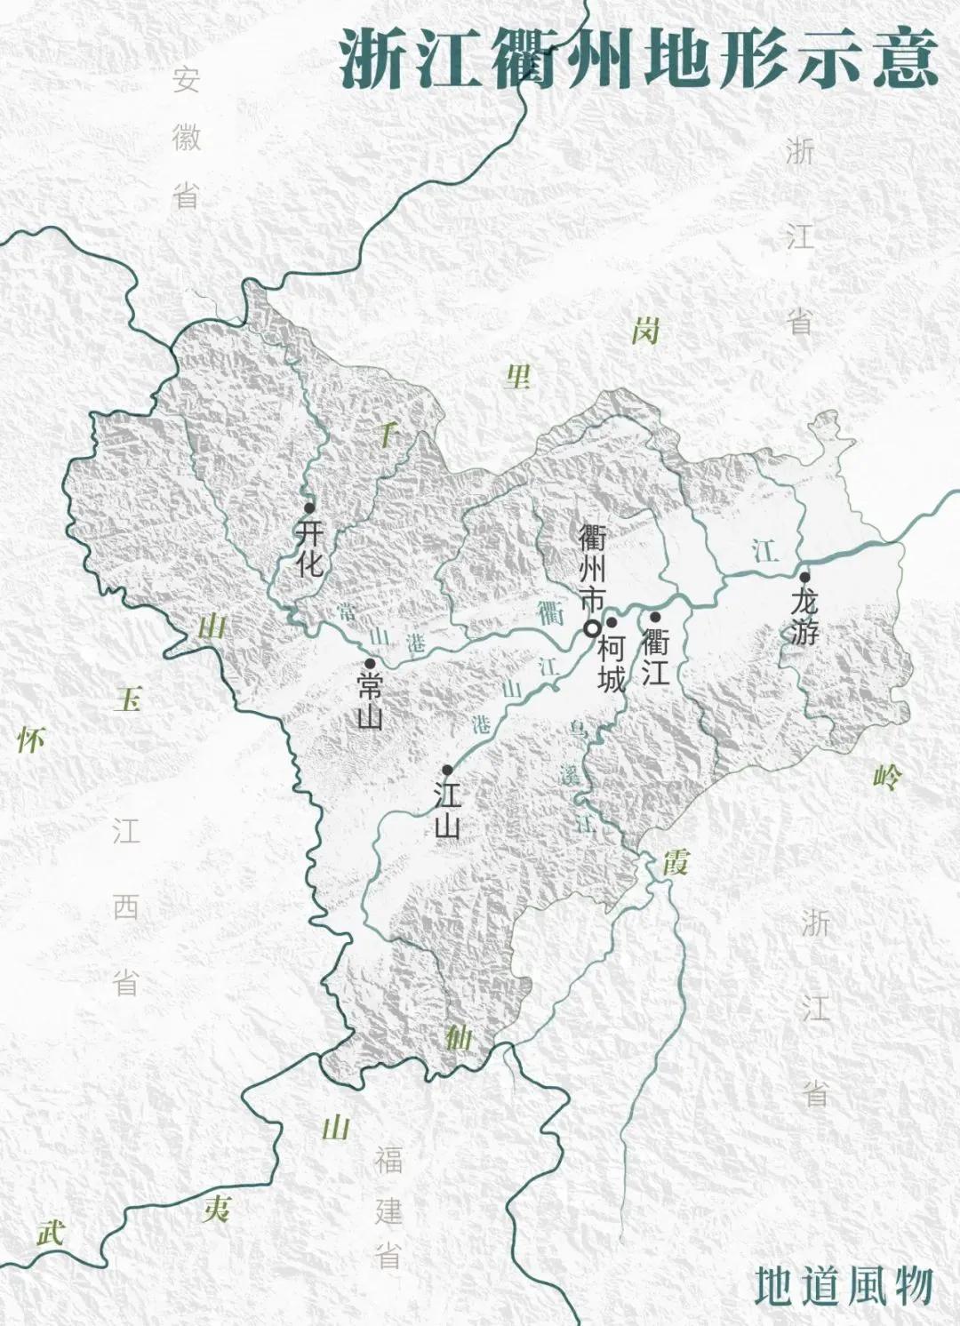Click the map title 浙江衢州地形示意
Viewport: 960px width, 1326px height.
[638, 59]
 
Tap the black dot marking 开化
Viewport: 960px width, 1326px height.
[309, 507]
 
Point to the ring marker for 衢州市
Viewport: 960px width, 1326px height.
[591, 628]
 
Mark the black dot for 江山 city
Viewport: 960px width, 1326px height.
[447, 770]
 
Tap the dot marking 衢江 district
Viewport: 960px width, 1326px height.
[655, 617]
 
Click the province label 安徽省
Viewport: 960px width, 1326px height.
[186, 137]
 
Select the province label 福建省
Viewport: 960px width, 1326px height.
[388, 1209]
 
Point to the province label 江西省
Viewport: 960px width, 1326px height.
[126, 907]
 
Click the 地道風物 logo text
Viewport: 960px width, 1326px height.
[844, 1285]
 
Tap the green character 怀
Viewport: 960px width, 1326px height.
[31, 739]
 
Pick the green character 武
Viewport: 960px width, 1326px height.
[51, 1232]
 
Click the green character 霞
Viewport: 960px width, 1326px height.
[676, 860]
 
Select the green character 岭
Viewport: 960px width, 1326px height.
[887, 778]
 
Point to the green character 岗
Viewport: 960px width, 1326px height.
[646, 331]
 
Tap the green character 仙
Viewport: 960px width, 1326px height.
[458, 1036]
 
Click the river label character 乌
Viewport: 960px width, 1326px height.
[578, 731]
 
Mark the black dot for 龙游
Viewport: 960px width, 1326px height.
[804, 577]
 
